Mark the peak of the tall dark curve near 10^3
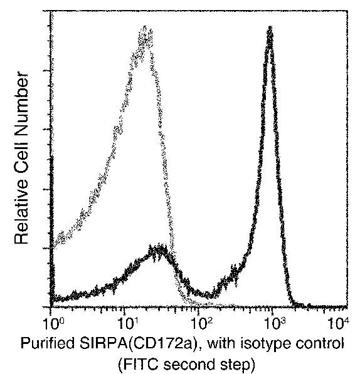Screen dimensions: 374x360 270,29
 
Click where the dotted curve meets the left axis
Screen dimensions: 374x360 51,248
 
